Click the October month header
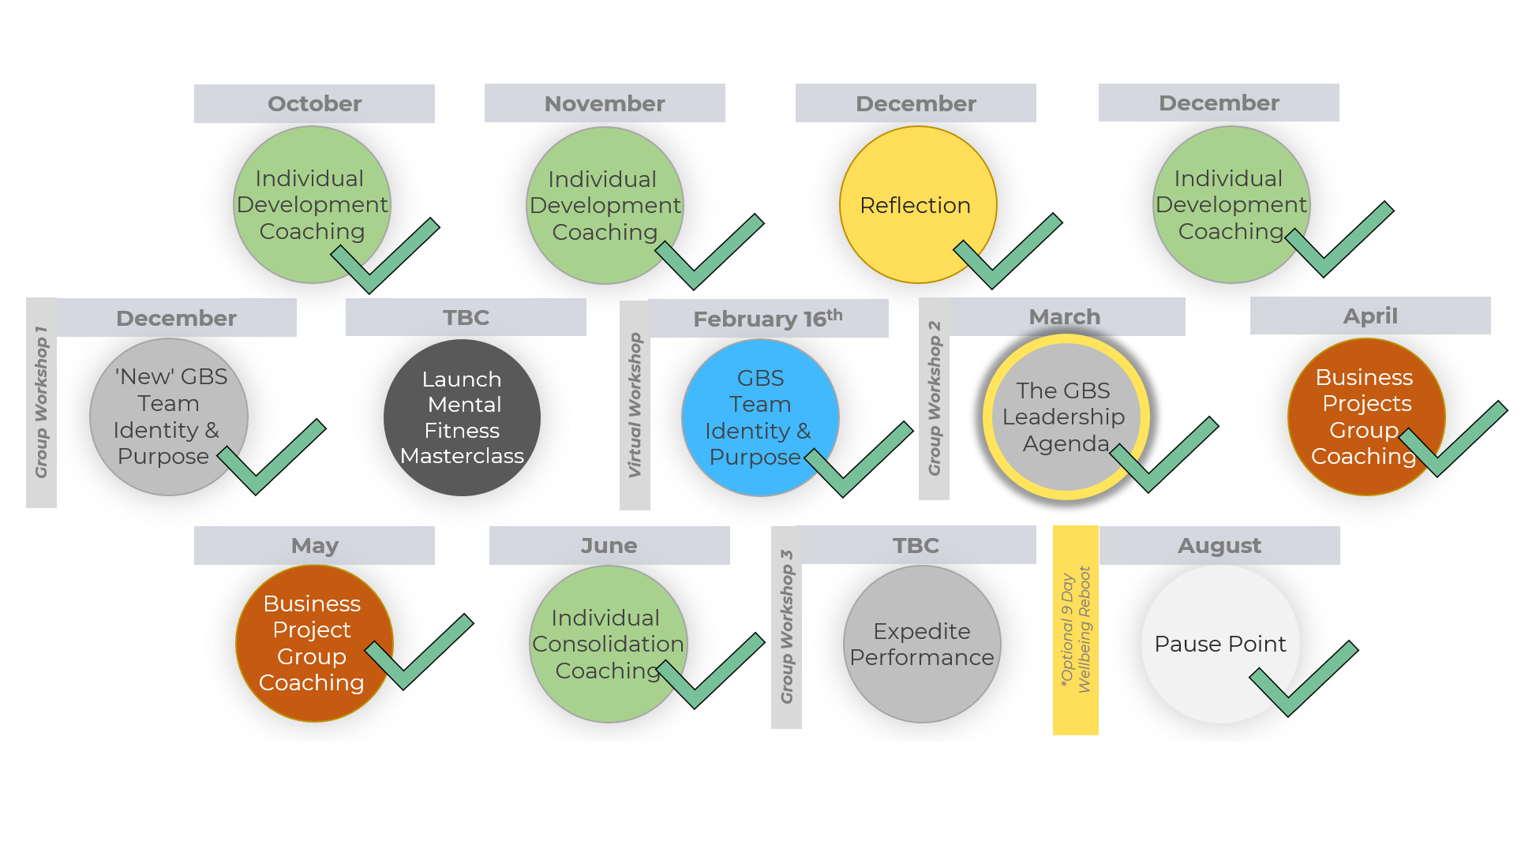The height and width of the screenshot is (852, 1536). click(314, 103)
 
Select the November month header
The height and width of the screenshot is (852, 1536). click(605, 103)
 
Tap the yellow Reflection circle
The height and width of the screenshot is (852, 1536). click(918, 205)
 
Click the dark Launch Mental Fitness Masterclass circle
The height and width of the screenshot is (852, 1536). click(463, 417)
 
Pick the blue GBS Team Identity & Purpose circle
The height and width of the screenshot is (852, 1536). click(760, 418)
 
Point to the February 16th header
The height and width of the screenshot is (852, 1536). click(768, 319)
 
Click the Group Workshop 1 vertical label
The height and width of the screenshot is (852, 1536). click(41, 402)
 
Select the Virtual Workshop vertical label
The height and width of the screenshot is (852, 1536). click(635, 405)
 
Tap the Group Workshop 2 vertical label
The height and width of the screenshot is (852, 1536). click(934, 398)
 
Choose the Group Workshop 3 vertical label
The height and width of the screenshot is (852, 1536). click(786, 627)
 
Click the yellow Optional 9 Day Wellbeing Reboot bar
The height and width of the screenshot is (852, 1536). click(1076, 630)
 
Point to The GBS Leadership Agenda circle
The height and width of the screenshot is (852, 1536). click(1066, 417)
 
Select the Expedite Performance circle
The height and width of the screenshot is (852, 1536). click(922, 644)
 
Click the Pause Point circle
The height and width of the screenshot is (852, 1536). click(1220, 644)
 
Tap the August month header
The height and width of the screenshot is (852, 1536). click(1219, 545)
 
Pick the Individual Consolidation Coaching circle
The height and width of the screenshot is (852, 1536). click(609, 644)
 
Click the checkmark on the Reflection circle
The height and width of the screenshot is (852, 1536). click(1008, 251)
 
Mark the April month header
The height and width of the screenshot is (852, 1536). click(1370, 316)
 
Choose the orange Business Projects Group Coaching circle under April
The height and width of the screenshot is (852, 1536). click(1366, 417)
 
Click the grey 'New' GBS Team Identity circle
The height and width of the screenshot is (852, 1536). click(169, 417)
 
